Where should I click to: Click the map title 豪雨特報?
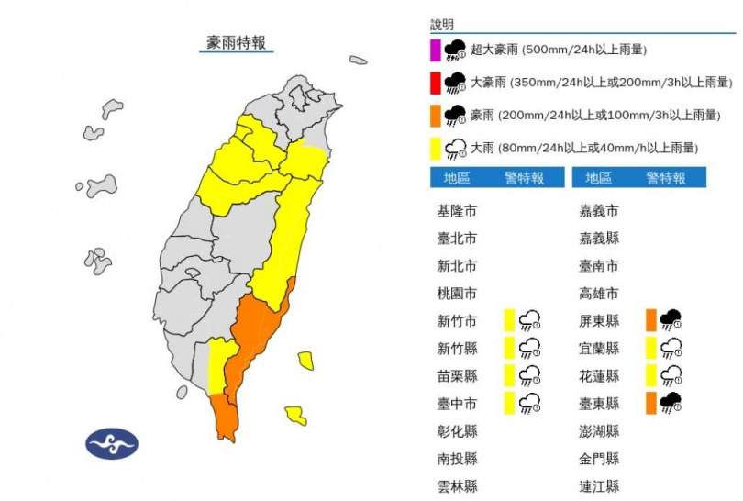coord(237,42)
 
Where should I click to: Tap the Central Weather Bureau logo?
coord(111,444)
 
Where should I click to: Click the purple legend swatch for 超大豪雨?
coord(436,50)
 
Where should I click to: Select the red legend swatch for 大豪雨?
coord(436,83)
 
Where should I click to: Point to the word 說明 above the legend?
coord(442,25)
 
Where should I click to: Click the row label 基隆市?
coord(458,211)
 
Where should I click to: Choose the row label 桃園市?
coord(458,294)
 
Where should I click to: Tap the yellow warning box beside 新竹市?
coord(508,320)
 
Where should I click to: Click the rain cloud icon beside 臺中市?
coord(529,402)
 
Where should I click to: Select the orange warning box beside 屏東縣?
coord(650,320)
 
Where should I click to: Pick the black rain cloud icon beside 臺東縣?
coord(671,402)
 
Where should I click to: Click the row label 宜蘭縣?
coord(600,349)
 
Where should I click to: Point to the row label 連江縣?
coord(600,486)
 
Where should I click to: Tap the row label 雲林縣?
coord(458,486)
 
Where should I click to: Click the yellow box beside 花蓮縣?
coord(650,375)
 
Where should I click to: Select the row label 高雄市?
coord(600,294)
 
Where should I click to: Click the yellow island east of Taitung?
coord(306,360)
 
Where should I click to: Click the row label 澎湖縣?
coord(600,431)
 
